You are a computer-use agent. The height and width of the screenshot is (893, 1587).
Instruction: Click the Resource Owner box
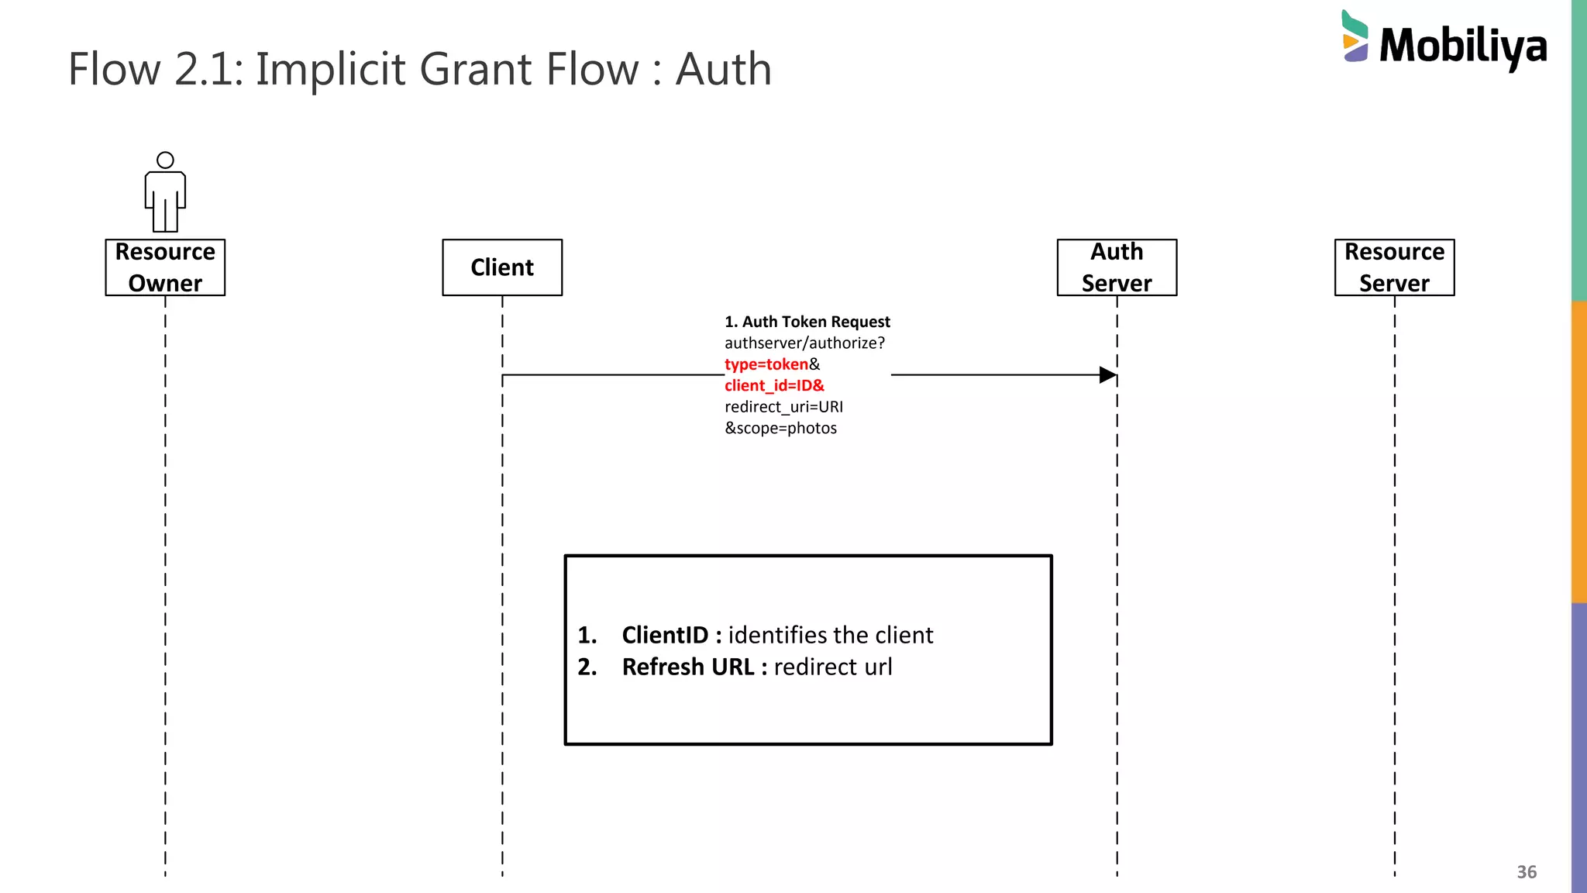165,267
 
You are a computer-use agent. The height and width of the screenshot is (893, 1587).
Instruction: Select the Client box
502,267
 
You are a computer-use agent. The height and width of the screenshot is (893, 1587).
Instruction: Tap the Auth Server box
1117,267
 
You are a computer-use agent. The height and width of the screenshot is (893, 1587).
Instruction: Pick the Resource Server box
1394,267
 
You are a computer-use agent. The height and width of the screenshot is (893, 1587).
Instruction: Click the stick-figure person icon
165,192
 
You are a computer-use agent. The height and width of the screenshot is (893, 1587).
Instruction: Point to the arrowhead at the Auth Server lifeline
1108,375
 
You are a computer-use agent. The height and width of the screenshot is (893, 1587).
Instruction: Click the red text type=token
766,364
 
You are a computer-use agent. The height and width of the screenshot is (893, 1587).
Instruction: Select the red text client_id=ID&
774,385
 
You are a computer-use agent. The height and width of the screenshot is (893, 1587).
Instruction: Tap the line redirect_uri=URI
783,407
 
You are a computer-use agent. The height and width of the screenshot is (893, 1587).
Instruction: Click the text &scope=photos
780,428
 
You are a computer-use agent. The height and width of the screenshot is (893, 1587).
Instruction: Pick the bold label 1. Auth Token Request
807,322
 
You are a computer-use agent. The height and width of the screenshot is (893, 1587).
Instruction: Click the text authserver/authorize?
804,343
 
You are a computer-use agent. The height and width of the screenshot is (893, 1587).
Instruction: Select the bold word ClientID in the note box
665,635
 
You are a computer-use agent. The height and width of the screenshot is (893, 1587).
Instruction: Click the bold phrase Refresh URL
687,667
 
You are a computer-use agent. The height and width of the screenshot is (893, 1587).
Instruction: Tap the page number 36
1526,872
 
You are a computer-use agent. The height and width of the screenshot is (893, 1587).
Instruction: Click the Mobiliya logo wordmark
1463,46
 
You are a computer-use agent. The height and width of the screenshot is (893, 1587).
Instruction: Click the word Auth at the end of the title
723,69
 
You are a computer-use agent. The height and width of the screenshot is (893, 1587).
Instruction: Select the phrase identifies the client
830,635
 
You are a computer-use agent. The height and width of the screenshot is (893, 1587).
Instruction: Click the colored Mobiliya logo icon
1355,36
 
